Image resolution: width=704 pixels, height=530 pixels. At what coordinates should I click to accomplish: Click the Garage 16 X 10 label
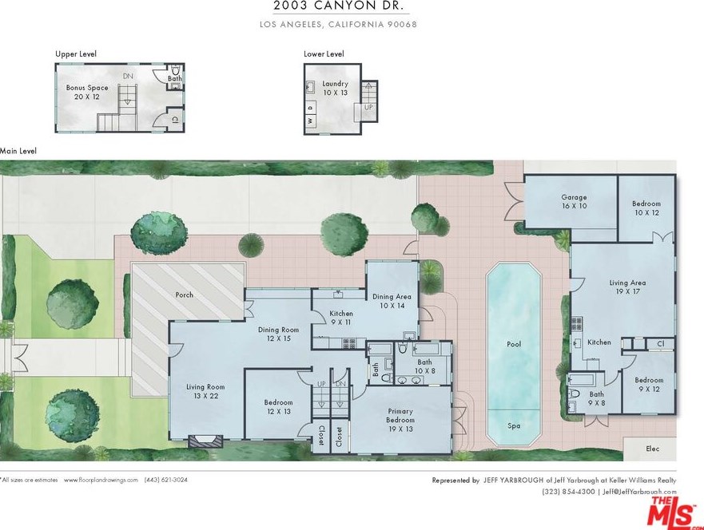click(x=574, y=201)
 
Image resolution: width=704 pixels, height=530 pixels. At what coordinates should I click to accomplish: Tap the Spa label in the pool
click(x=514, y=425)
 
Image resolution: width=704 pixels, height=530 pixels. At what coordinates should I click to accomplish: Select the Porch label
click(x=184, y=295)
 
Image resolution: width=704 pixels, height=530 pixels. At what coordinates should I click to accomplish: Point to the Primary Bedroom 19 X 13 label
click(x=400, y=420)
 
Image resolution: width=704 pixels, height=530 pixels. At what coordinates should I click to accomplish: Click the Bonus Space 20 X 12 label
click(x=87, y=92)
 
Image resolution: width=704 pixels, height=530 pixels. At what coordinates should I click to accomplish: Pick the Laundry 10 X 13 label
click(x=336, y=88)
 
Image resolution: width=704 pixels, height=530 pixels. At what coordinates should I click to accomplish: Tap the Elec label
click(x=652, y=449)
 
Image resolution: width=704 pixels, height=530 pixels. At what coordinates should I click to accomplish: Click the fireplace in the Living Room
click(x=205, y=441)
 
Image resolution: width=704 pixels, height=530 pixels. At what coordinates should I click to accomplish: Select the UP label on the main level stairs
click(x=321, y=384)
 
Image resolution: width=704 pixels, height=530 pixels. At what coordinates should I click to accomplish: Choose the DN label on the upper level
click(x=128, y=76)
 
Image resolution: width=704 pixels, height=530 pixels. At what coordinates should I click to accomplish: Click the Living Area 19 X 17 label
click(x=627, y=287)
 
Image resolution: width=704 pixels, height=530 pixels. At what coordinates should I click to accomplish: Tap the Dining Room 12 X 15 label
click(x=278, y=334)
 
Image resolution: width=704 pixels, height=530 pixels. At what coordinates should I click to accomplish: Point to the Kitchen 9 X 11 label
click(x=341, y=318)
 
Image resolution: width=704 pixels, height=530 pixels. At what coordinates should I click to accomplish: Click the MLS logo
click(x=673, y=511)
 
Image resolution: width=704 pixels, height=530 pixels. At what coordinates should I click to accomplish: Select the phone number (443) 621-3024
click(x=165, y=480)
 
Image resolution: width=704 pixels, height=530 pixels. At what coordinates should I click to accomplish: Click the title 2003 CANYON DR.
click(x=339, y=6)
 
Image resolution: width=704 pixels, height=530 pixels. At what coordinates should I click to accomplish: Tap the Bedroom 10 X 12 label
click(x=646, y=208)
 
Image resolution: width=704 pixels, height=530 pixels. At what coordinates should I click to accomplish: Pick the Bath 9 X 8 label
click(x=596, y=398)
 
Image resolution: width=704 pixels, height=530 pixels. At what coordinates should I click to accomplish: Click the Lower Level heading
click(x=324, y=53)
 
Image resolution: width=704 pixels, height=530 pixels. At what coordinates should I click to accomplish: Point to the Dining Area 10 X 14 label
click(x=392, y=301)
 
